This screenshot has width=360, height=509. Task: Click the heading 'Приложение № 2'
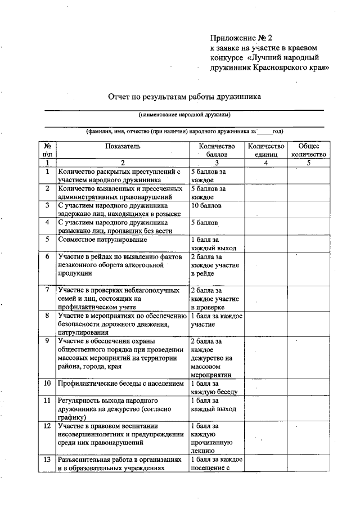click(x=241, y=38)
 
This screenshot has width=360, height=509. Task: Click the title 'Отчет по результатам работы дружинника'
click(x=184, y=96)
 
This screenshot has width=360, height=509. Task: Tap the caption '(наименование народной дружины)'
click(x=184, y=115)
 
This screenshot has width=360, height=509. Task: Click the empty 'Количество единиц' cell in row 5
click(x=266, y=243)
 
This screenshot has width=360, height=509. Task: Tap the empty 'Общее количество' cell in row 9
click(x=309, y=357)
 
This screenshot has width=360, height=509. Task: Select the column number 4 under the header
click(x=266, y=163)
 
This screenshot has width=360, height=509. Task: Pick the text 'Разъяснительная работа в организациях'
click(x=120, y=460)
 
